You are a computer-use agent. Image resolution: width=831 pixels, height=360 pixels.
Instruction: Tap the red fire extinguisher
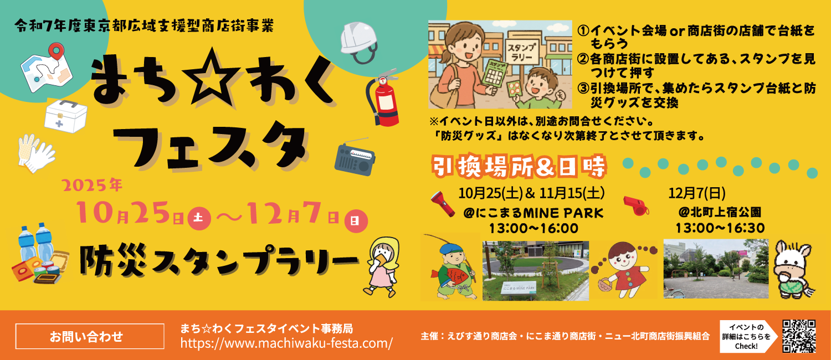[x=383, y=98]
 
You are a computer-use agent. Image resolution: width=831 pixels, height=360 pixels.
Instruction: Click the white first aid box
[x=66, y=116]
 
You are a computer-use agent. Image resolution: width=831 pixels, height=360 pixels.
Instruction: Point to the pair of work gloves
[x=36, y=153]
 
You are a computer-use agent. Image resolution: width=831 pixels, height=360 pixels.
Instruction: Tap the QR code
[x=799, y=336]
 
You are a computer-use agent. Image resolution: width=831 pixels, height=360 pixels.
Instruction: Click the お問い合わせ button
[x=89, y=336]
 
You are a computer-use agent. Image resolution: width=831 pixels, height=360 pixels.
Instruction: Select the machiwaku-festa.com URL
[x=286, y=343]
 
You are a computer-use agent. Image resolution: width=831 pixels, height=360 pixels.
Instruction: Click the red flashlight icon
[x=443, y=203]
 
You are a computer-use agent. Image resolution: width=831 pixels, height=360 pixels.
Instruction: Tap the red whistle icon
[x=636, y=205]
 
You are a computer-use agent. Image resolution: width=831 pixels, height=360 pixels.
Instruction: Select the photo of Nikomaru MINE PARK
[x=535, y=270]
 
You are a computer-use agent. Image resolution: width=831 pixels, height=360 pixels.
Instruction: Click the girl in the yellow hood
[x=382, y=267]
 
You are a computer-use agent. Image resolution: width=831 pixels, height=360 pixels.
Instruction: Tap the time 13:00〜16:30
[x=720, y=228]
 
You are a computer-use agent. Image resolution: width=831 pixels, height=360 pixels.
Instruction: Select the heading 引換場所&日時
[x=519, y=166]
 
